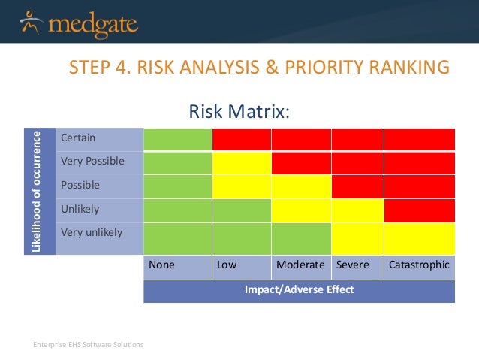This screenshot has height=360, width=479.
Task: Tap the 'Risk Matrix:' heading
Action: pyautogui.click(x=239, y=113)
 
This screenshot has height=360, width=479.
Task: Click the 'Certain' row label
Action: pyautogui.click(x=78, y=138)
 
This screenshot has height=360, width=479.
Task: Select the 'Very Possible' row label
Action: pyautogui.click(x=92, y=161)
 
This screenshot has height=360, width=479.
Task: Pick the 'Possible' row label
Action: pyautogui.click(x=80, y=185)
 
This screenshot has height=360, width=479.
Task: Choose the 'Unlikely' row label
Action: pyautogui.click(x=80, y=209)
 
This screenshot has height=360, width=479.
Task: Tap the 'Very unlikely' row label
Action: pyautogui.click(x=91, y=232)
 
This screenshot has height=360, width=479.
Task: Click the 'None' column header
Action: pyautogui.click(x=161, y=265)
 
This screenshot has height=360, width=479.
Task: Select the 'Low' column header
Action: pyautogui.click(x=226, y=265)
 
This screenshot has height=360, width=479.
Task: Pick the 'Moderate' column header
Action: pyautogui.click(x=300, y=265)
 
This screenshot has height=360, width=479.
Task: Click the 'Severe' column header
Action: pyautogui.click(x=352, y=265)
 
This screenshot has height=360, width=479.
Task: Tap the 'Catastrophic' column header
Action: pyautogui.click(x=419, y=265)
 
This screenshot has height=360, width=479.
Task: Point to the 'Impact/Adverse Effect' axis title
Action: pyautogui.click(x=299, y=289)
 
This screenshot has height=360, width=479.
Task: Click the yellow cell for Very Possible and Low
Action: pyautogui.click(x=242, y=163)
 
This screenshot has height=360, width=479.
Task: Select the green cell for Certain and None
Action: pyautogui.click(x=178, y=139)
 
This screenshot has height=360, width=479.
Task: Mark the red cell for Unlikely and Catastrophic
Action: pyautogui.click(x=419, y=210)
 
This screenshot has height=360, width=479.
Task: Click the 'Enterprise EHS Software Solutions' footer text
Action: pyautogui.click(x=88, y=345)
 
